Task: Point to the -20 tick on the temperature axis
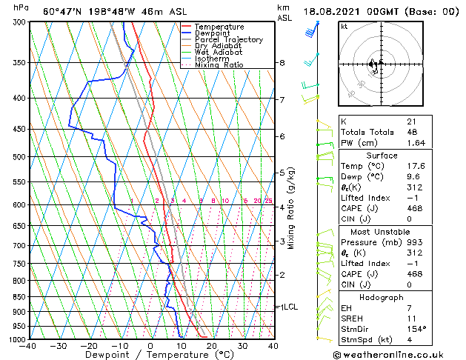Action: pyautogui.click(x=89, y=346)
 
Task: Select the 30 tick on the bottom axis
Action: pyautogui.click(x=242, y=346)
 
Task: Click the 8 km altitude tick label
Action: pyautogui.click(x=282, y=63)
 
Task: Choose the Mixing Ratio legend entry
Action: pyautogui.click(x=219, y=65)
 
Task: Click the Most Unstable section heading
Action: pyautogui.click(x=382, y=232)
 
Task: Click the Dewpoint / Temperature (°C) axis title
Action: pyautogui.click(x=150, y=355)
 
